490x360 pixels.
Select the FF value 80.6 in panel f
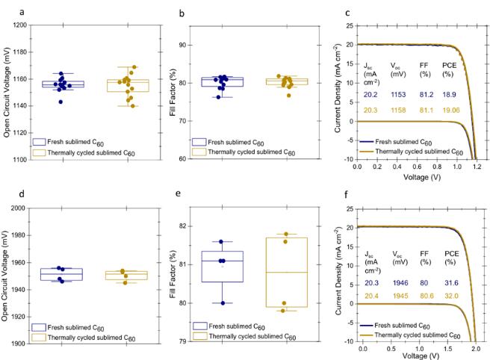pos(425,296)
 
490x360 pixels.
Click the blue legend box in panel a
pos(40,141)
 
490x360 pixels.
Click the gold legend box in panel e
pos(200,333)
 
